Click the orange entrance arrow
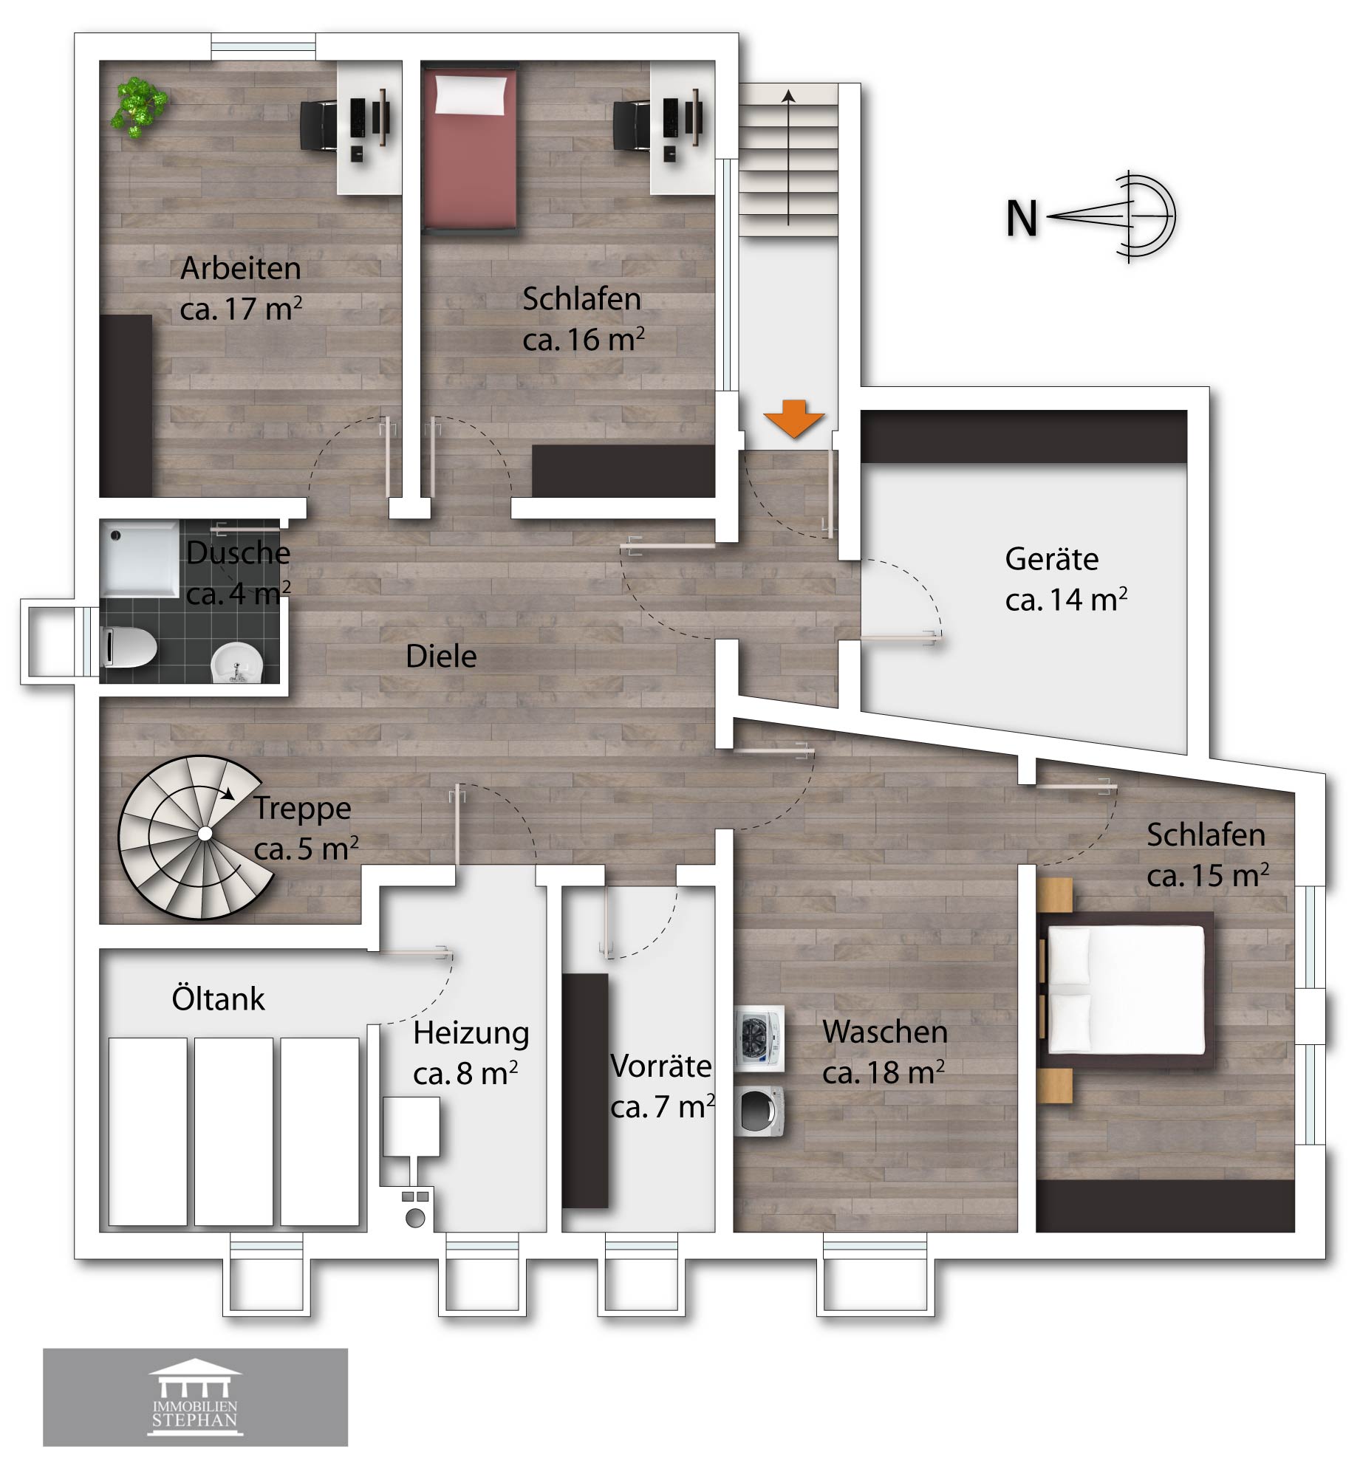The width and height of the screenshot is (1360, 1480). pyautogui.click(x=793, y=419)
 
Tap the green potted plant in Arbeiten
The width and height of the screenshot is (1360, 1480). pyautogui.click(x=138, y=107)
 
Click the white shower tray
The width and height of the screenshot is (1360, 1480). pyautogui.click(x=140, y=558)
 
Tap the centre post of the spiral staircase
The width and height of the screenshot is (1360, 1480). pyautogui.click(x=205, y=834)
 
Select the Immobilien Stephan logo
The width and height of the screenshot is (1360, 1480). pyautogui.click(x=195, y=1397)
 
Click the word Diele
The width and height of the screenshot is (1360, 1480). pyautogui.click(x=441, y=656)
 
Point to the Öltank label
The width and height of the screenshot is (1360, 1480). pyautogui.click(x=218, y=998)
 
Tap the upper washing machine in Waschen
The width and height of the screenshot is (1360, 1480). pyautogui.click(x=759, y=1038)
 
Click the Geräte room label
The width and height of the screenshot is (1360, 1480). pyautogui.click(x=1066, y=580)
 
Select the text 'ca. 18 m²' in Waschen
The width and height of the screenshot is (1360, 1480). pyautogui.click(x=884, y=1073)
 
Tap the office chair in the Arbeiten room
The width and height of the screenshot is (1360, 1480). pyautogui.click(x=319, y=126)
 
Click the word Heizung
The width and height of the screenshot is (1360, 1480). pyautogui.click(x=471, y=1033)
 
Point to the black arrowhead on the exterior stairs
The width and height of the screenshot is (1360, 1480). pyautogui.click(x=788, y=95)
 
